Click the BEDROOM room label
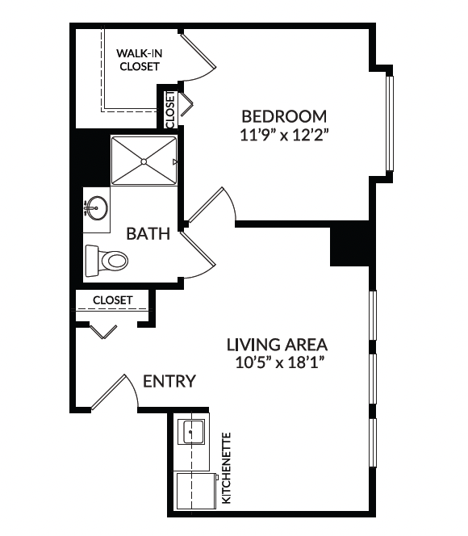284,116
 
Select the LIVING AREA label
277,345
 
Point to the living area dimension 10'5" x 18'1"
279,362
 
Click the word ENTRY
169,381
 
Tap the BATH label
148,234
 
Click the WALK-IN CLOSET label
140,60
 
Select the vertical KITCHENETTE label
227,468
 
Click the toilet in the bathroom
107,261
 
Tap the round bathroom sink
98,207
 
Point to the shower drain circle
144,161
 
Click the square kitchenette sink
194,433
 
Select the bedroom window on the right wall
390,123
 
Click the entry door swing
115,392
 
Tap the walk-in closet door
198,57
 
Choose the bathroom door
198,254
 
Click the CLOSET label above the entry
112,300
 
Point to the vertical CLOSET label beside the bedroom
170,110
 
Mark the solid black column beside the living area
349,246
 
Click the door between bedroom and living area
211,206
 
